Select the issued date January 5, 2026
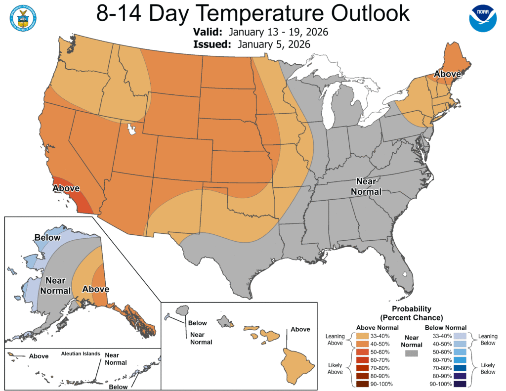[x=273, y=44]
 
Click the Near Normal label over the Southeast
[x=366, y=186]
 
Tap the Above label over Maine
[x=447, y=74]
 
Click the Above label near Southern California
[x=66, y=188]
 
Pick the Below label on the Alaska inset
[x=47, y=238]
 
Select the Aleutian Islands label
[x=81, y=354]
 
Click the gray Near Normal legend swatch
[x=411, y=353]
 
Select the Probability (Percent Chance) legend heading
[x=411, y=313]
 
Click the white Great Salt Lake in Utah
[x=131, y=130]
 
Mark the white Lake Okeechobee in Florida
[x=405, y=274]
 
